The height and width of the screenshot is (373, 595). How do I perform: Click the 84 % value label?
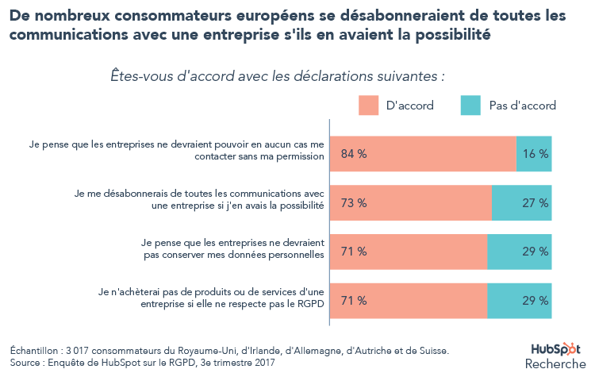click(353, 154)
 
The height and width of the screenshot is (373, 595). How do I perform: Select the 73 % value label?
click(353, 203)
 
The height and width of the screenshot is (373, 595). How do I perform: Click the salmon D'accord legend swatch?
click(369, 105)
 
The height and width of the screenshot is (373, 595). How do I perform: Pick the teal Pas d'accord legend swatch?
click(470, 105)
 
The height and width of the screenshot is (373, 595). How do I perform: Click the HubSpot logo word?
click(555, 348)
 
